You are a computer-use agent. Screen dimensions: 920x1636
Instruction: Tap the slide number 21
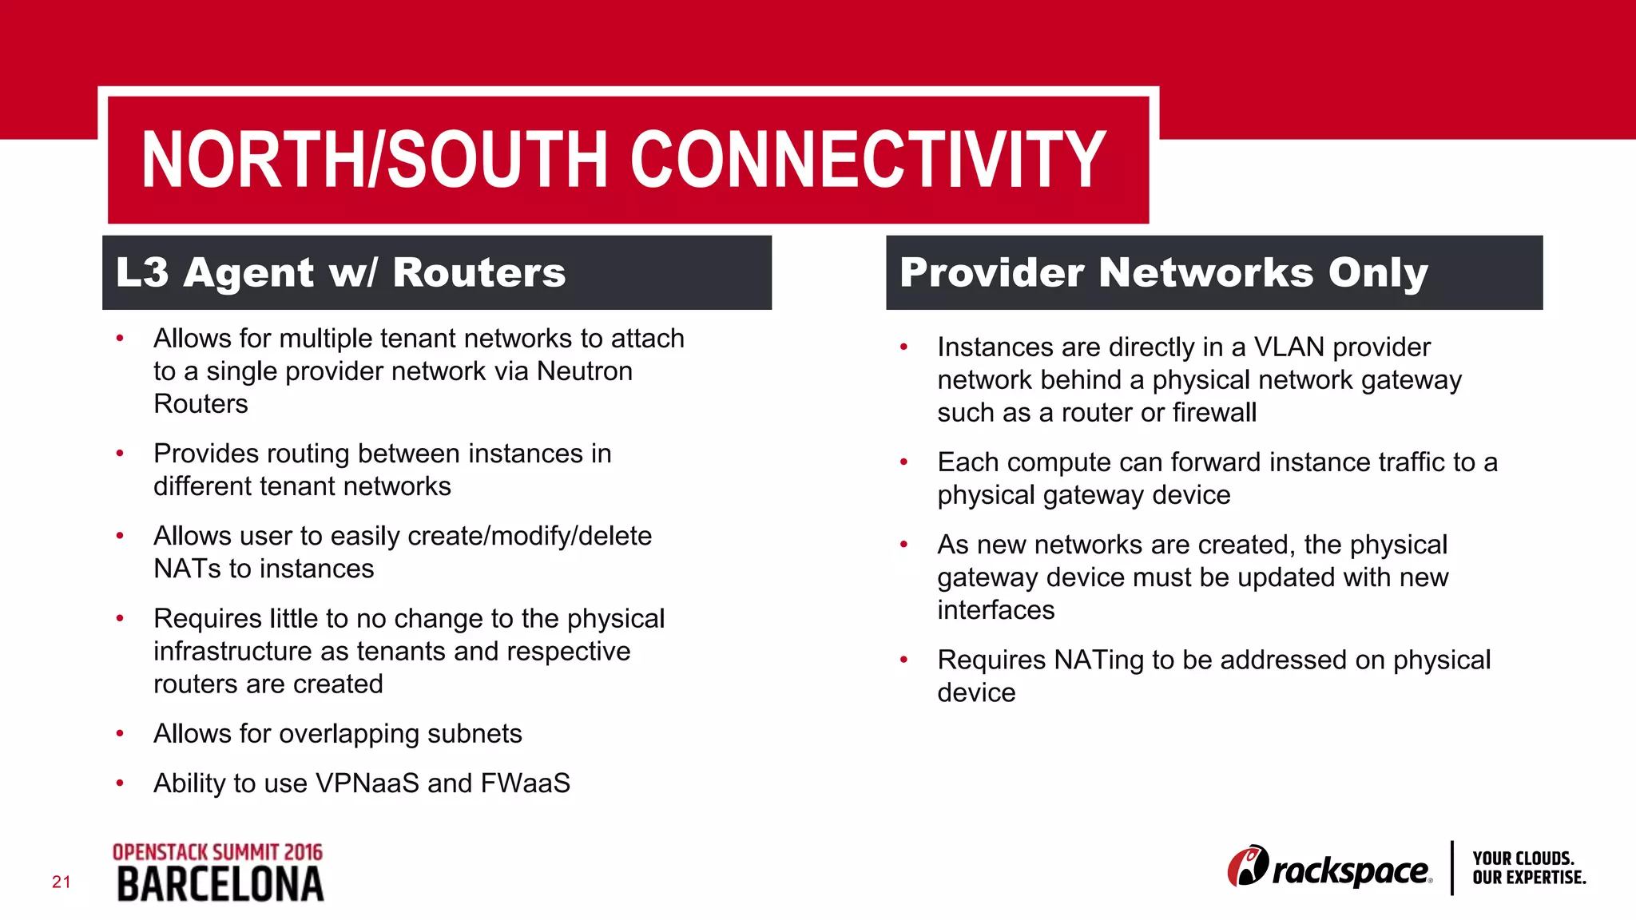tap(62, 882)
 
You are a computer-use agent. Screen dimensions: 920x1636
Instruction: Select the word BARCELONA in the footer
tap(220, 885)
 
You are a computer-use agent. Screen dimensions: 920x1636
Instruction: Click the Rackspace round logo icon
tap(1248, 866)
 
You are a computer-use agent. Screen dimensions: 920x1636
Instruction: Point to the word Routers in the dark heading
tap(479, 272)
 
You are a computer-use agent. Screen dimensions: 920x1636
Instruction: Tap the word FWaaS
tap(525, 783)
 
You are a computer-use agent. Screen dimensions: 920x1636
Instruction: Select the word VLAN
tap(1289, 347)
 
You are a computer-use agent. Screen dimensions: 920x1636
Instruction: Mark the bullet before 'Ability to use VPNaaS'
tap(120, 783)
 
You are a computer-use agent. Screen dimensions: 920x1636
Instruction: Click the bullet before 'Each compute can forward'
tap(903, 462)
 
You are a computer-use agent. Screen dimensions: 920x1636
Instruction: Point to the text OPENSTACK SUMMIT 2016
tap(217, 852)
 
